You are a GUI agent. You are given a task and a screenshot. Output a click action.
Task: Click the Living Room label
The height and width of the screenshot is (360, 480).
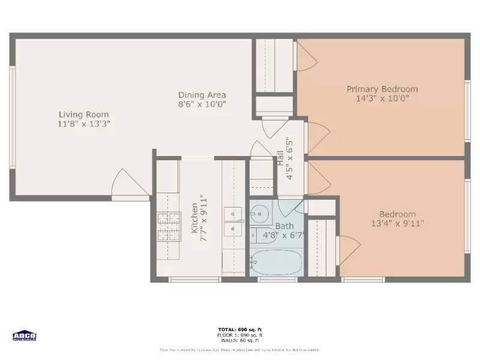point(83,114)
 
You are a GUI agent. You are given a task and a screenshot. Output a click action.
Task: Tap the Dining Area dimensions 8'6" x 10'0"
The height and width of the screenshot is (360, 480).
point(202,104)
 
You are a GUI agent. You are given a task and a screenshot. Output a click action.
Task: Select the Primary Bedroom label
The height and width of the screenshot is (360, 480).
point(382,89)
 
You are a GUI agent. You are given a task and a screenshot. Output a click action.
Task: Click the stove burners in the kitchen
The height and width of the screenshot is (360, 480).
point(169,227)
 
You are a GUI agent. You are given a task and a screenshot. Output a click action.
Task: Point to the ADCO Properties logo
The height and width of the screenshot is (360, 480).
point(25,336)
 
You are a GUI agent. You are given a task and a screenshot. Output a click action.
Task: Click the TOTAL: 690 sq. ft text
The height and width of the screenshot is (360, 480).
point(240,329)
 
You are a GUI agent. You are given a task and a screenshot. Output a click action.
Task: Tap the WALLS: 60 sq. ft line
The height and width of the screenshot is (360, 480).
point(240,340)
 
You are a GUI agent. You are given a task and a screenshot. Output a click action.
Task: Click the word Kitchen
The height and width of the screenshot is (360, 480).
point(194,218)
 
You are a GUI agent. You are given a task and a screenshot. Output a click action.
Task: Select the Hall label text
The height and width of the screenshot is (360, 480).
point(280,158)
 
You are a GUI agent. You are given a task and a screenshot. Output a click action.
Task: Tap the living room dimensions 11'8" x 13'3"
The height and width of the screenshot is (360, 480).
point(83,123)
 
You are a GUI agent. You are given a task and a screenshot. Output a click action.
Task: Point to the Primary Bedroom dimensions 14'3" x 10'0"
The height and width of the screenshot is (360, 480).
point(382,98)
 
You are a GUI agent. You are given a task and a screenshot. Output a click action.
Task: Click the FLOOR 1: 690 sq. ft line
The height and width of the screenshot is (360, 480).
point(240,335)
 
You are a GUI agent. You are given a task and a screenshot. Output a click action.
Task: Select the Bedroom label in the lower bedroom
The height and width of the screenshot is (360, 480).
point(397,214)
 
